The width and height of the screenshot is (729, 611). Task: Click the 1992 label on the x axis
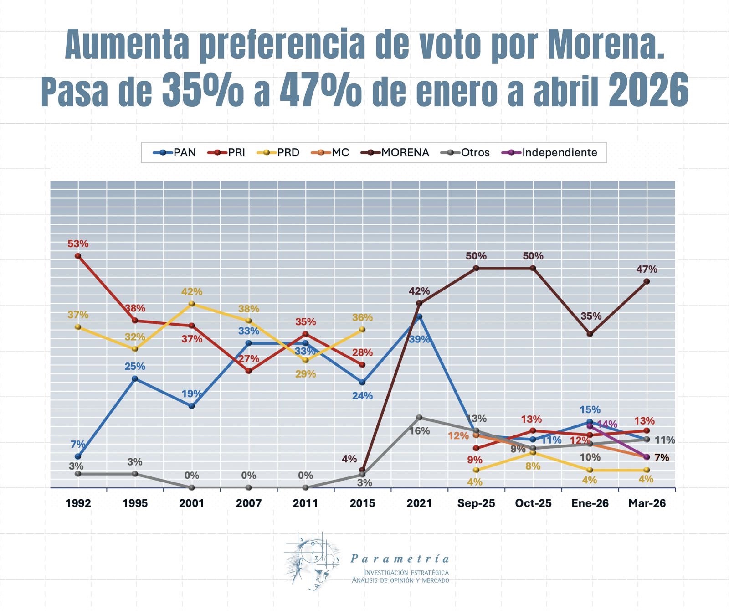78,503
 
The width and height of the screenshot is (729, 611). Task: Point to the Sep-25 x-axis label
476,503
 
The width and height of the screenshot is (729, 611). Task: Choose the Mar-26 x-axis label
647,503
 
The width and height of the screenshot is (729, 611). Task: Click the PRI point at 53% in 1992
78,256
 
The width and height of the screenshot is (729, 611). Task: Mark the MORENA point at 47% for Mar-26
647,282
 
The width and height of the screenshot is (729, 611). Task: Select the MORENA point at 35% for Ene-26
590,334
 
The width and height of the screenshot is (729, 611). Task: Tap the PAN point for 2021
419,316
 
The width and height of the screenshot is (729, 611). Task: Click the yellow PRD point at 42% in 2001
192,304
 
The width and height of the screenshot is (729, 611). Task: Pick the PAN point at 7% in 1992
78,456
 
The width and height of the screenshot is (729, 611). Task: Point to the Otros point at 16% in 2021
419,417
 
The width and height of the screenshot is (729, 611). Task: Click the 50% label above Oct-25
533,256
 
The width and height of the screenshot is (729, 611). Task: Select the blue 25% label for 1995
135,366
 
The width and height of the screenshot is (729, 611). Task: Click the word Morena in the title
606,44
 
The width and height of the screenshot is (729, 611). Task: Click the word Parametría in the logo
400,559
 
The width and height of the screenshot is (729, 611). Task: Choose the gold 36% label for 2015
362,317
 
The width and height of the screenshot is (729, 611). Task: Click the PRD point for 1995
135,349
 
